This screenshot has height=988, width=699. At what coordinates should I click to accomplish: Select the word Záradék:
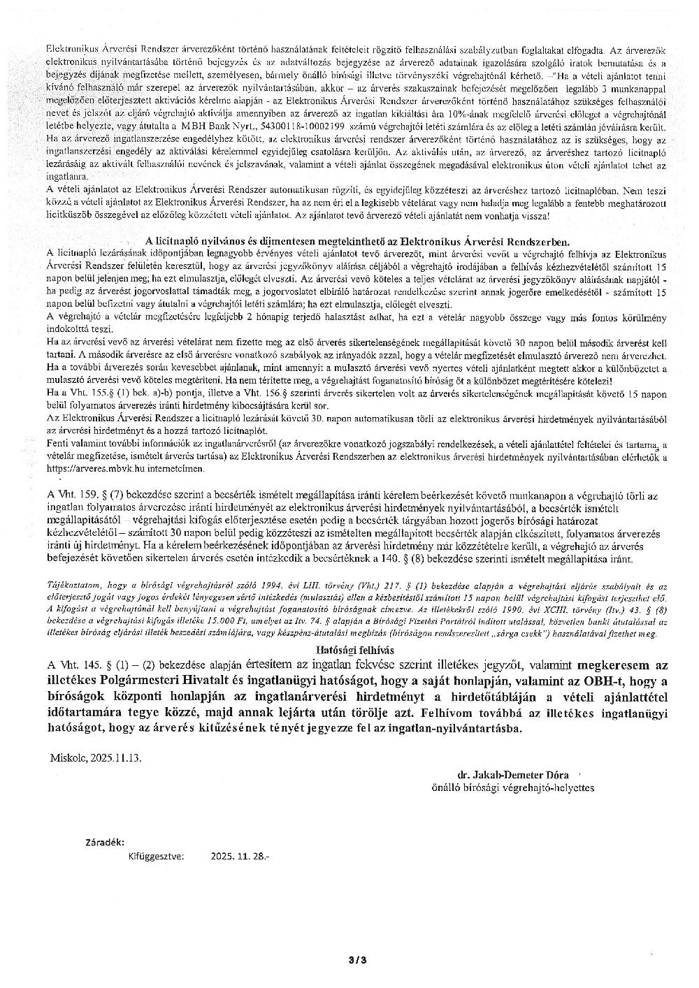tap(105, 841)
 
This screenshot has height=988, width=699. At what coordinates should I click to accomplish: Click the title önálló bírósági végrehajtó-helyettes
tap(513, 787)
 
